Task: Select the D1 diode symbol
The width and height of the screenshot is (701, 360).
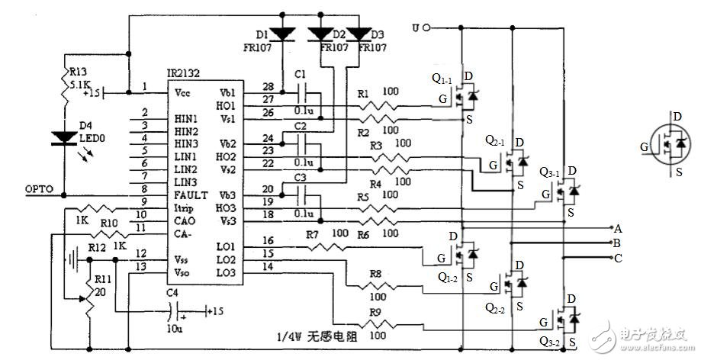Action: click(285, 35)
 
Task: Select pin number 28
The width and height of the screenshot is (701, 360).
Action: click(268, 85)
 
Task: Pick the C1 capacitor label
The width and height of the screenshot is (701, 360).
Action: click(300, 75)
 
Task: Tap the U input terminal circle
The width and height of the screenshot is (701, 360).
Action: click(427, 28)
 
